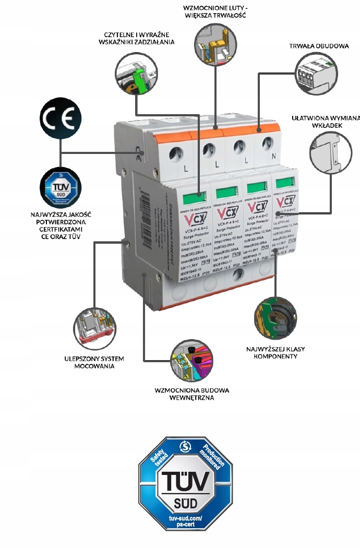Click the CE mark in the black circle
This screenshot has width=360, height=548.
click(60, 117)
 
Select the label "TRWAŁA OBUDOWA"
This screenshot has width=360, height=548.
click(319, 46)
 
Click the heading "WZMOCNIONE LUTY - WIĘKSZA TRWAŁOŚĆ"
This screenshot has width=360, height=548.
click(214, 11)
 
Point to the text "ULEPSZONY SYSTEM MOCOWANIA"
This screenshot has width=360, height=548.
click(94, 362)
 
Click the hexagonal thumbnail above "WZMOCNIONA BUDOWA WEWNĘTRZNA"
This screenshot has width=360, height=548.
click(191, 360)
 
